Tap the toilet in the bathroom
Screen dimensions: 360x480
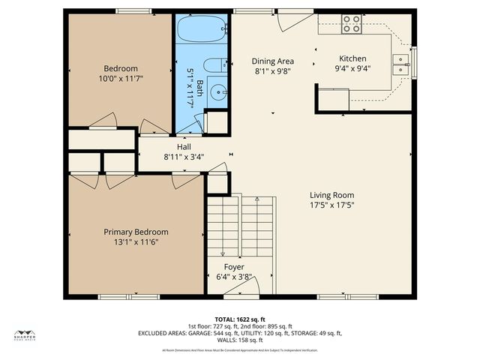[x=214, y=65]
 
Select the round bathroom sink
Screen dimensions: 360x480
[x=218, y=92]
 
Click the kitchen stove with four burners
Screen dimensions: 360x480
[x=351, y=24]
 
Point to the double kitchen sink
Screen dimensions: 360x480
[x=403, y=64]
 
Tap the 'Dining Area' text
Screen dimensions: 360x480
[x=272, y=61]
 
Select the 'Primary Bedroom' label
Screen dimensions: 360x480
[x=136, y=232]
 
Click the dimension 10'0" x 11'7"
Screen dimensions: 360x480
[x=120, y=78]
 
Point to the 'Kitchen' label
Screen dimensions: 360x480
[x=352, y=58]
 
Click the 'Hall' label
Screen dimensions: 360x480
[x=184, y=147]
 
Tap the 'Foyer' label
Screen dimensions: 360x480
[x=234, y=267]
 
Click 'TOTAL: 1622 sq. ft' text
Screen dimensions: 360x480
[x=240, y=319]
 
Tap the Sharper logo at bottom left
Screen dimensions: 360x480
[x=25, y=335]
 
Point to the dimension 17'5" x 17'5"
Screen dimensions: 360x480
[x=331, y=205]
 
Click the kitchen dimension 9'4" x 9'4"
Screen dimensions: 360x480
[x=352, y=68]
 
